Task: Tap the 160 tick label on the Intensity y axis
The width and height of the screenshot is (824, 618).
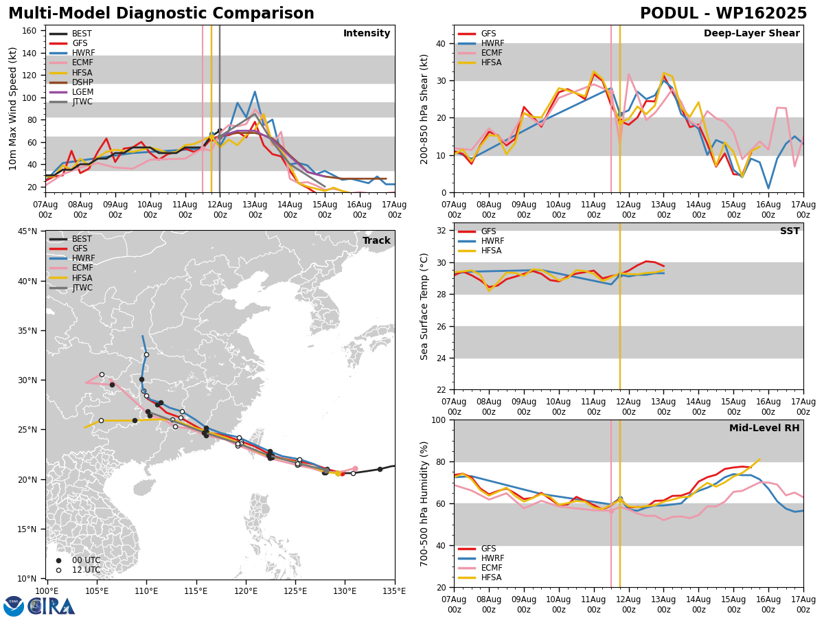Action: pyautogui.click(x=29, y=31)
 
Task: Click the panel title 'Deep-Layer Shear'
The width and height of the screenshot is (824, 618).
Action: pyautogui.click(x=751, y=34)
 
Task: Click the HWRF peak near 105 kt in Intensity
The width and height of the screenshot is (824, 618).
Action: pyautogui.click(x=255, y=91)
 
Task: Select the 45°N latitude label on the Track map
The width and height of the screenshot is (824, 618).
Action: pyautogui.click(x=27, y=231)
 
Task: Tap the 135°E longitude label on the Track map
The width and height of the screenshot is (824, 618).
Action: pyautogui.click(x=395, y=592)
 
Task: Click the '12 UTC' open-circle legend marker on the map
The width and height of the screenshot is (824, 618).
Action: pyautogui.click(x=58, y=571)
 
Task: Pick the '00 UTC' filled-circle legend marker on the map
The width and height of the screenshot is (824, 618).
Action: pyautogui.click(x=58, y=560)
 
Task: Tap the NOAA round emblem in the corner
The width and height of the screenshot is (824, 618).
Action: pyautogui.click(x=14, y=606)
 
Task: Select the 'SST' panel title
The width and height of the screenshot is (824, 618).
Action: pyautogui.click(x=790, y=231)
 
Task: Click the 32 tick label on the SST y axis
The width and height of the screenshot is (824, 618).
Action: pyautogui.click(x=441, y=231)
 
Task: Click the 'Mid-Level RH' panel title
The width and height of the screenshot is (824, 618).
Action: pyautogui.click(x=764, y=428)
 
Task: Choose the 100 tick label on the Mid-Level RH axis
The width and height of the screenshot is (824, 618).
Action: pyautogui.click(x=439, y=420)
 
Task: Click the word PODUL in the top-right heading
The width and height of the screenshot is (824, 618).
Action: pyautogui.click(x=669, y=14)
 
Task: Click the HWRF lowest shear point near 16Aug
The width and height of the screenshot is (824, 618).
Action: pyautogui.click(x=768, y=188)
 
